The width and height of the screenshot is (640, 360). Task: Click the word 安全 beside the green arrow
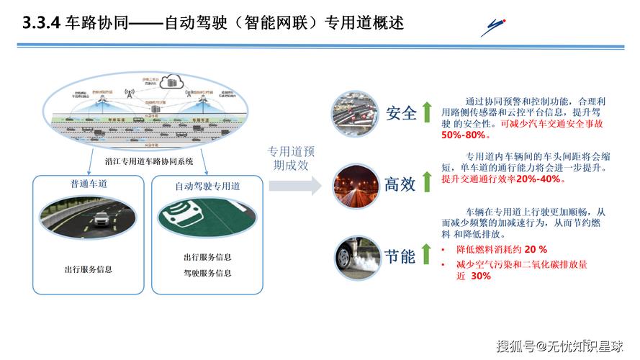click(x=401, y=113)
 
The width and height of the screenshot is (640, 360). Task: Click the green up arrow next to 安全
click(x=426, y=112)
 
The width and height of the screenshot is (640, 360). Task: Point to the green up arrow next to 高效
click(x=426, y=183)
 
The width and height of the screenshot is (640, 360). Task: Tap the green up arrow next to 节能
click(x=426, y=254)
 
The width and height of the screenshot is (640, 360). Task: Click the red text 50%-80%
click(x=464, y=135)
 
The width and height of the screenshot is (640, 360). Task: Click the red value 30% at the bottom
click(x=482, y=276)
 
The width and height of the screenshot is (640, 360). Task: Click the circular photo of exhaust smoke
click(x=356, y=256)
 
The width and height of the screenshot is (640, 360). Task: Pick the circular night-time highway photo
click(x=356, y=184)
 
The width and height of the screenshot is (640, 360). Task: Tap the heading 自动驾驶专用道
click(x=207, y=186)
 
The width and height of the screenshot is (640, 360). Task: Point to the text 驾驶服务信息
click(x=207, y=273)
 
